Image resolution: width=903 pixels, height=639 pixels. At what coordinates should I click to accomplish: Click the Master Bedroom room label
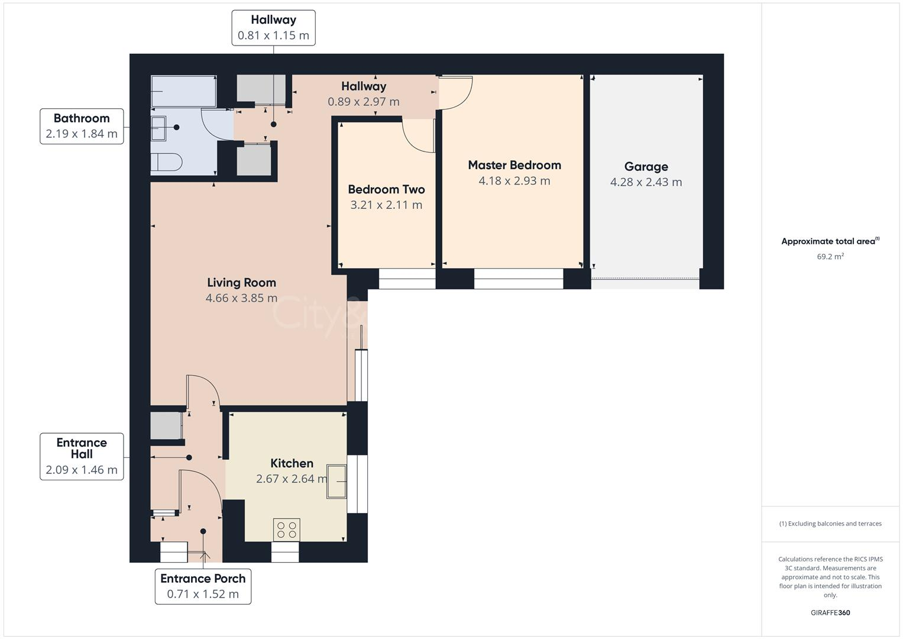pyautogui.click(x=514, y=165)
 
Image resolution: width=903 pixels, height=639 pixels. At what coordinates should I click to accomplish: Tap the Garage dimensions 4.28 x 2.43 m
pyautogui.click(x=646, y=182)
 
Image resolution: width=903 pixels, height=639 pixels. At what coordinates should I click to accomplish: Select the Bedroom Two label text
pyautogui.click(x=386, y=189)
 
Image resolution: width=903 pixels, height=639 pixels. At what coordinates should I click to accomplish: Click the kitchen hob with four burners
pyautogui.click(x=286, y=529)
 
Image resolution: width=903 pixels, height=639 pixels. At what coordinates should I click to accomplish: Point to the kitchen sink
pyautogui.click(x=336, y=482)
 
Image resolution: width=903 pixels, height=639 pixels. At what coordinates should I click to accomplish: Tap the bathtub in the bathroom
pyautogui.click(x=183, y=91)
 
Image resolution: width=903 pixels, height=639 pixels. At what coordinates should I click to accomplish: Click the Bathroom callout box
pyautogui.click(x=82, y=126)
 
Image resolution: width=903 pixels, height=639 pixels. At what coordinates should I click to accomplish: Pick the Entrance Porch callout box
pyautogui.click(x=203, y=586)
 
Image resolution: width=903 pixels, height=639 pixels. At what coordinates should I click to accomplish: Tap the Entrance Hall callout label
pyautogui.click(x=82, y=456)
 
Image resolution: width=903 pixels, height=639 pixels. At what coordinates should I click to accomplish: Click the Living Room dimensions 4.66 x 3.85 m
pyautogui.click(x=241, y=298)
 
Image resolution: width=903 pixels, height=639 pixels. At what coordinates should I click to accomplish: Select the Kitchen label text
pyautogui.click(x=292, y=463)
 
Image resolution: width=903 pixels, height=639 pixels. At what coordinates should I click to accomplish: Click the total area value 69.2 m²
pyautogui.click(x=830, y=257)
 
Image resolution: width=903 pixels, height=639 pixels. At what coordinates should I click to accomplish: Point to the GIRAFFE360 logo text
pyautogui.click(x=830, y=612)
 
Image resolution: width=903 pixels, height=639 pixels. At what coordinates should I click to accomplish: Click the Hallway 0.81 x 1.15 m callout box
pyautogui.click(x=273, y=28)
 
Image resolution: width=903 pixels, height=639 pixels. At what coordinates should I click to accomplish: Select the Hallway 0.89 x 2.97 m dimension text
pyautogui.click(x=364, y=102)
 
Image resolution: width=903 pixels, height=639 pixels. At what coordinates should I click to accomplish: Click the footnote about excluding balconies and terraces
pyautogui.click(x=830, y=524)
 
